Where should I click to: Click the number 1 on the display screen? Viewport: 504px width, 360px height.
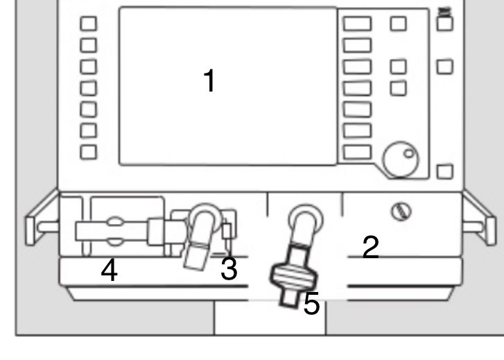point(209,82)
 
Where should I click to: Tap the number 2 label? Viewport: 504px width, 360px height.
point(371,247)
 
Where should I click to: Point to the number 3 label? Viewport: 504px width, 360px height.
point(229,269)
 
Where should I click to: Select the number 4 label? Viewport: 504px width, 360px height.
point(109,271)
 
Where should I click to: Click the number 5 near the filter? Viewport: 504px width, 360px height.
point(312,304)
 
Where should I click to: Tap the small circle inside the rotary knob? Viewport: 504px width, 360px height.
point(408,153)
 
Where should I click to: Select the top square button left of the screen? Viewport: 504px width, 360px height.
point(89,23)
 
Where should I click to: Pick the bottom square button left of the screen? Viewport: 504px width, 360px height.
point(89,151)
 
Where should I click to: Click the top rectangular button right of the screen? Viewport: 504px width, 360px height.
point(357,23)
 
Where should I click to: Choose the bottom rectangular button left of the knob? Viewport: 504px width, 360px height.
point(357,152)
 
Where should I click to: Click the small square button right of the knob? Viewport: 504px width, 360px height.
point(445,171)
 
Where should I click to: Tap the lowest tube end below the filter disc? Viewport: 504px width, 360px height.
point(287,300)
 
